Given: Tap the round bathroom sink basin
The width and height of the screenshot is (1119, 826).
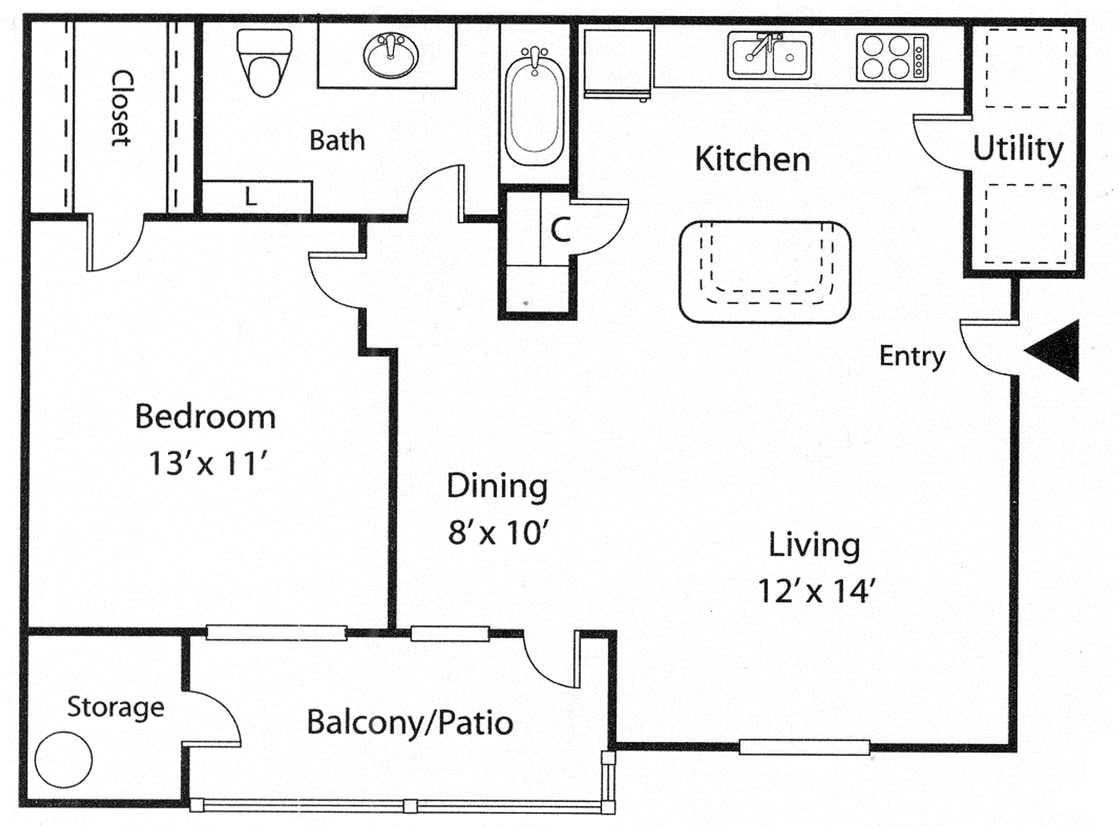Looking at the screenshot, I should pos(390,55).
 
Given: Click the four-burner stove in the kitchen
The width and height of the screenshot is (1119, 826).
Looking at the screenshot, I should pos(892,57).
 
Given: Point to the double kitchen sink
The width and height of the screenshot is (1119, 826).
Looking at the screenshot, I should pos(769,56).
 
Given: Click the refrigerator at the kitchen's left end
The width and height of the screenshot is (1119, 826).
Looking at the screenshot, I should pos(618,63).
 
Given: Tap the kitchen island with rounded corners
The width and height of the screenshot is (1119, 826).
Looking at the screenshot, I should pos(765,272).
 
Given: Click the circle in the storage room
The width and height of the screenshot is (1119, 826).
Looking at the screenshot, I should pos(64,759).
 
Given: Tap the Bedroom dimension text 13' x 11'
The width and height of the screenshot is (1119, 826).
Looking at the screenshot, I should pos(208,464).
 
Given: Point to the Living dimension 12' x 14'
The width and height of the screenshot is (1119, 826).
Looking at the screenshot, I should pos(816,590).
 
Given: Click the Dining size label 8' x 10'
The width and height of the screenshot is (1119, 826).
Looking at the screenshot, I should pos(498,532).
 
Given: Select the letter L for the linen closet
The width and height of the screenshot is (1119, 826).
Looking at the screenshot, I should pos(251,197).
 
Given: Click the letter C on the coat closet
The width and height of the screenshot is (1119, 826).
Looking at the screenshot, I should pos(560,230).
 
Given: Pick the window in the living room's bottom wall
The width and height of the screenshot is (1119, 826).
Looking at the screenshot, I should pos(804,747).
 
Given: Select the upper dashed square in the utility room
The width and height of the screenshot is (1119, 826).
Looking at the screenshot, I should pos(1026,68).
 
